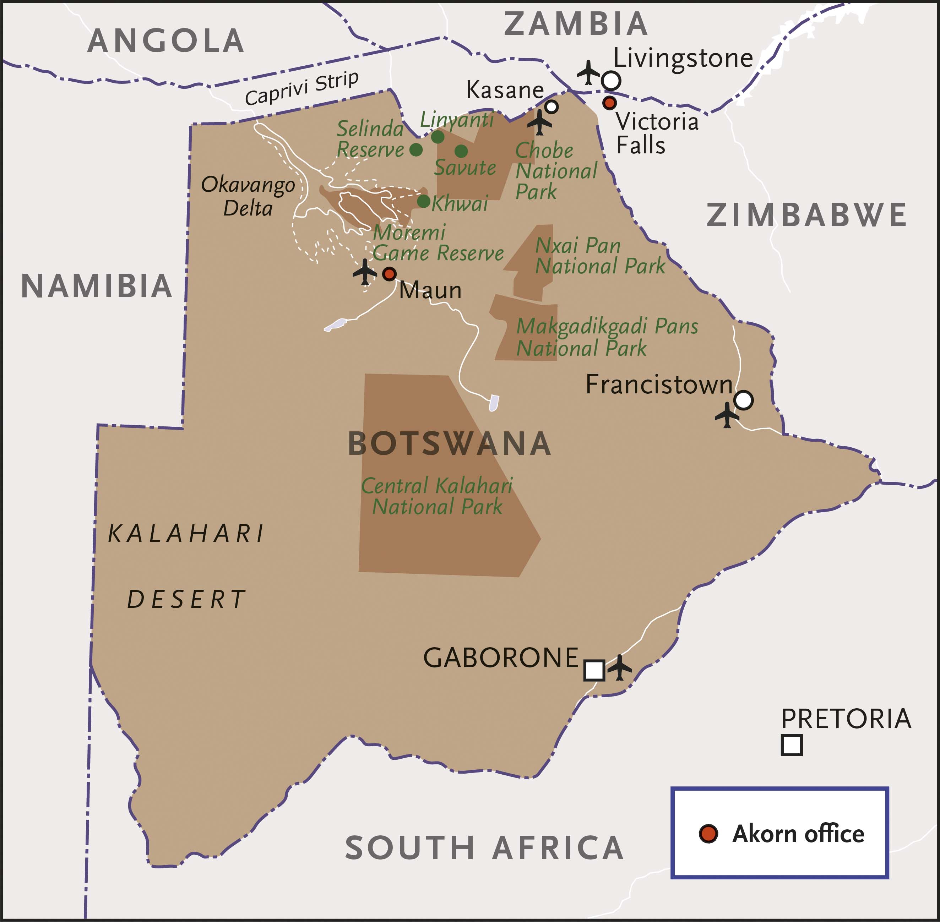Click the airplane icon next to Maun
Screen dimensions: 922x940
365,272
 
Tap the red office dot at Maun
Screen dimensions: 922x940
389,274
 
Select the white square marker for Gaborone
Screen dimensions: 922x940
594,670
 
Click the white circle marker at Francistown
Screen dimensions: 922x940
743,400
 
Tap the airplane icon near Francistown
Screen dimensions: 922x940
727,415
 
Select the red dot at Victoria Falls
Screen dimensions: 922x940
609,103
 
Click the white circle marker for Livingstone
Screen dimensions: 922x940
611,80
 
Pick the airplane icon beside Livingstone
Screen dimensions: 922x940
588,73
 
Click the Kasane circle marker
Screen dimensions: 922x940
551,107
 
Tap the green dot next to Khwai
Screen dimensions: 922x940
423,201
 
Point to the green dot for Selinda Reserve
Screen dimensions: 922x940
416,149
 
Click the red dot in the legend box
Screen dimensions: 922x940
708,833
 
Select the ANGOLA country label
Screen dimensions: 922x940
165,41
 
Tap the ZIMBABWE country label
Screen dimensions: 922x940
806,215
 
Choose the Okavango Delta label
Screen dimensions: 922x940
248,196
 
